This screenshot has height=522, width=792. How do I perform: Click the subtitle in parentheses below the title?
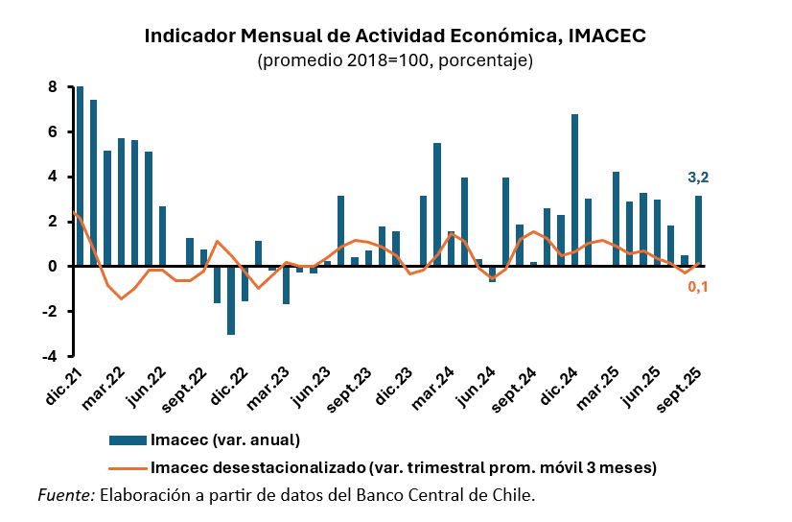[395, 60]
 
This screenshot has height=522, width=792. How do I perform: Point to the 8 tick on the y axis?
[53, 87]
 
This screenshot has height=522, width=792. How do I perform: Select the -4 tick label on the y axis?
[50, 356]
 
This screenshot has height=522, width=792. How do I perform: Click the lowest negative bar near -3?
[231, 300]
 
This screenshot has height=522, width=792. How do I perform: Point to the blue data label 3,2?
[698, 177]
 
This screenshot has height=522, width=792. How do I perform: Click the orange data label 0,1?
[698, 287]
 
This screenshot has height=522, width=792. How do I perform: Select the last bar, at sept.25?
[698, 231]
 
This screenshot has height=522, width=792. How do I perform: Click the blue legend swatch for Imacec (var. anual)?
[127, 440]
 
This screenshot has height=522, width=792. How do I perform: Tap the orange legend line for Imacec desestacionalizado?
[127, 468]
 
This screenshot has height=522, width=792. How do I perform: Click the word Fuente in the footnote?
[65, 495]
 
